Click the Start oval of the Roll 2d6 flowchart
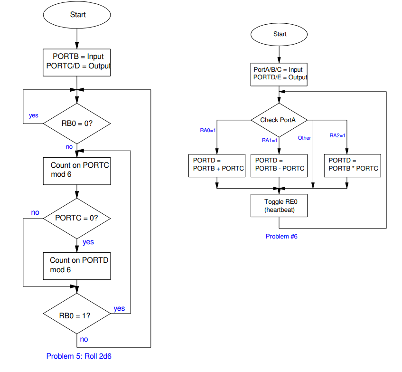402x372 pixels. pyautogui.click(x=77, y=15)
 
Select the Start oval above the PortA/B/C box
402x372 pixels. pyautogui.click(x=280, y=34)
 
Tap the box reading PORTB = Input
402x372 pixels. pyautogui.click(x=77, y=62)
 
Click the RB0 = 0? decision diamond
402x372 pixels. pyautogui.click(x=77, y=124)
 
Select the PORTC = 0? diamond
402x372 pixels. pyautogui.click(x=77, y=218)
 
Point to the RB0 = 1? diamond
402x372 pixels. pyautogui.click(x=77, y=315)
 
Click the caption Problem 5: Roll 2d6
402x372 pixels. pyautogui.click(x=79, y=356)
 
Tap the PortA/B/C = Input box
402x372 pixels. pyautogui.click(x=279, y=74)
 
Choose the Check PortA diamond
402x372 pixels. pyautogui.click(x=279, y=120)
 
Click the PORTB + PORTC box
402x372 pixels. pyautogui.click(x=216, y=165)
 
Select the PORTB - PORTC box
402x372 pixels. pyautogui.click(x=279, y=165)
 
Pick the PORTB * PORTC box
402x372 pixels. pyautogui.click(x=352, y=165)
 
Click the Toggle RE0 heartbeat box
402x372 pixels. pyautogui.click(x=279, y=205)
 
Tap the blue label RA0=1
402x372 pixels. pyautogui.click(x=208, y=130)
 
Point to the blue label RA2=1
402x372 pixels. pyautogui.click(x=337, y=135)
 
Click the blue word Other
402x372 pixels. pyautogui.click(x=304, y=138)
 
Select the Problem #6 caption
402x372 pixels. pyautogui.click(x=281, y=236)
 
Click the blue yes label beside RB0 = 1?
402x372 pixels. pyautogui.click(x=119, y=308)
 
